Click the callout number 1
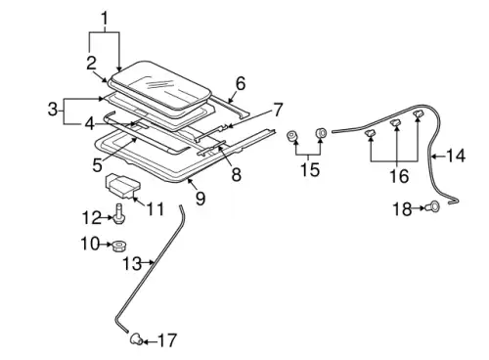click(x=105, y=19)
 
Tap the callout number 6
click(x=241, y=84)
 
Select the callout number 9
click(x=200, y=198)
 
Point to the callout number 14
click(x=456, y=156)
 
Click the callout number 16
click(x=399, y=176)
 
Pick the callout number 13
click(x=132, y=263)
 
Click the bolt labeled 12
click(x=119, y=213)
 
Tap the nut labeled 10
click(x=119, y=246)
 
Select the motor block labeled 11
click(x=122, y=186)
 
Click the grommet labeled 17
click(x=137, y=338)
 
